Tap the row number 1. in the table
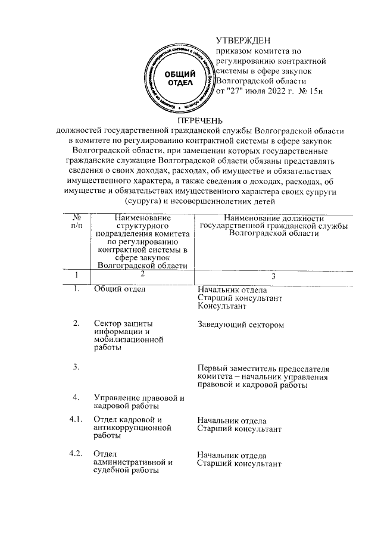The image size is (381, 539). click(76, 289)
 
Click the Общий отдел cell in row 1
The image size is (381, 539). click(120, 289)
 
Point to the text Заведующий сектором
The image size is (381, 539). click(241, 325)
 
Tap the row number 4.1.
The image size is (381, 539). click(75, 420)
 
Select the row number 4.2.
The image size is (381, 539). click(75, 455)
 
